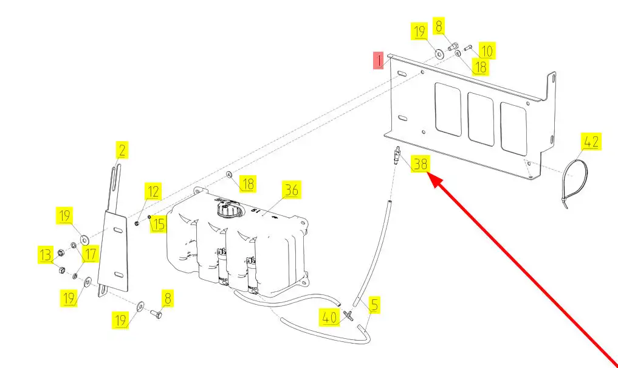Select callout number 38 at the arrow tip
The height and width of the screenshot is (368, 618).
(421, 163)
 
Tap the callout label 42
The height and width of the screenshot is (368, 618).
(591, 142)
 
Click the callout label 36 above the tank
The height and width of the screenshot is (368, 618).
(292, 190)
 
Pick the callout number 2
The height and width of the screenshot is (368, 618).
(122, 150)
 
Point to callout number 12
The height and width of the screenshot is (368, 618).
(153, 192)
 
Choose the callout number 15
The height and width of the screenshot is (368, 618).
(158, 224)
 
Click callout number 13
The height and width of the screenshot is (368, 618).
(46, 254)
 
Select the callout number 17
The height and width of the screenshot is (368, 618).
(90, 254)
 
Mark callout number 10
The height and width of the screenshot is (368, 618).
(487, 50)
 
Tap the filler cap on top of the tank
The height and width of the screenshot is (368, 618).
(225, 210)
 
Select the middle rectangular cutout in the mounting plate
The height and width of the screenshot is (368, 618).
(481, 120)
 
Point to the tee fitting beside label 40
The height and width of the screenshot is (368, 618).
(348, 314)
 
